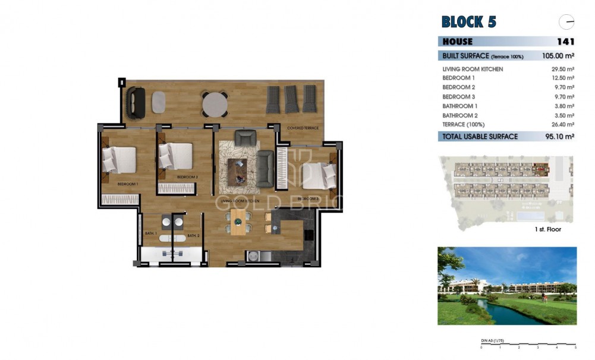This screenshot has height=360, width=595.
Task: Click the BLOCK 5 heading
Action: (x=468, y=22)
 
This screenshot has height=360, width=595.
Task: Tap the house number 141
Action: (x=565, y=42)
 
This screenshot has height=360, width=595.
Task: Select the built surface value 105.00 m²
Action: (x=558, y=56)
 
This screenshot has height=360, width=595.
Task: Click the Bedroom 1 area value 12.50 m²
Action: (x=562, y=78)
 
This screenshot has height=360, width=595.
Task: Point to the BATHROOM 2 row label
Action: (x=460, y=116)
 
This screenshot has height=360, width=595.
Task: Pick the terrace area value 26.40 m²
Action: (x=562, y=125)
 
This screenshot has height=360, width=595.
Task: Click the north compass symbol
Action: (x=566, y=22)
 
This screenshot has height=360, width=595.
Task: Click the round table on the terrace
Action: (x=215, y=105)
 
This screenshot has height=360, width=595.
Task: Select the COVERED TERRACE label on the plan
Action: (x=303, y=128)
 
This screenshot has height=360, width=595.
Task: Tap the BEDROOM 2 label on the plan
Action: (x=187, y=177)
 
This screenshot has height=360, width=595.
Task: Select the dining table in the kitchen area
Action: (x=238, y=222)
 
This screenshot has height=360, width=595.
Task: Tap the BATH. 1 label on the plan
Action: (x=151, y=234)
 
